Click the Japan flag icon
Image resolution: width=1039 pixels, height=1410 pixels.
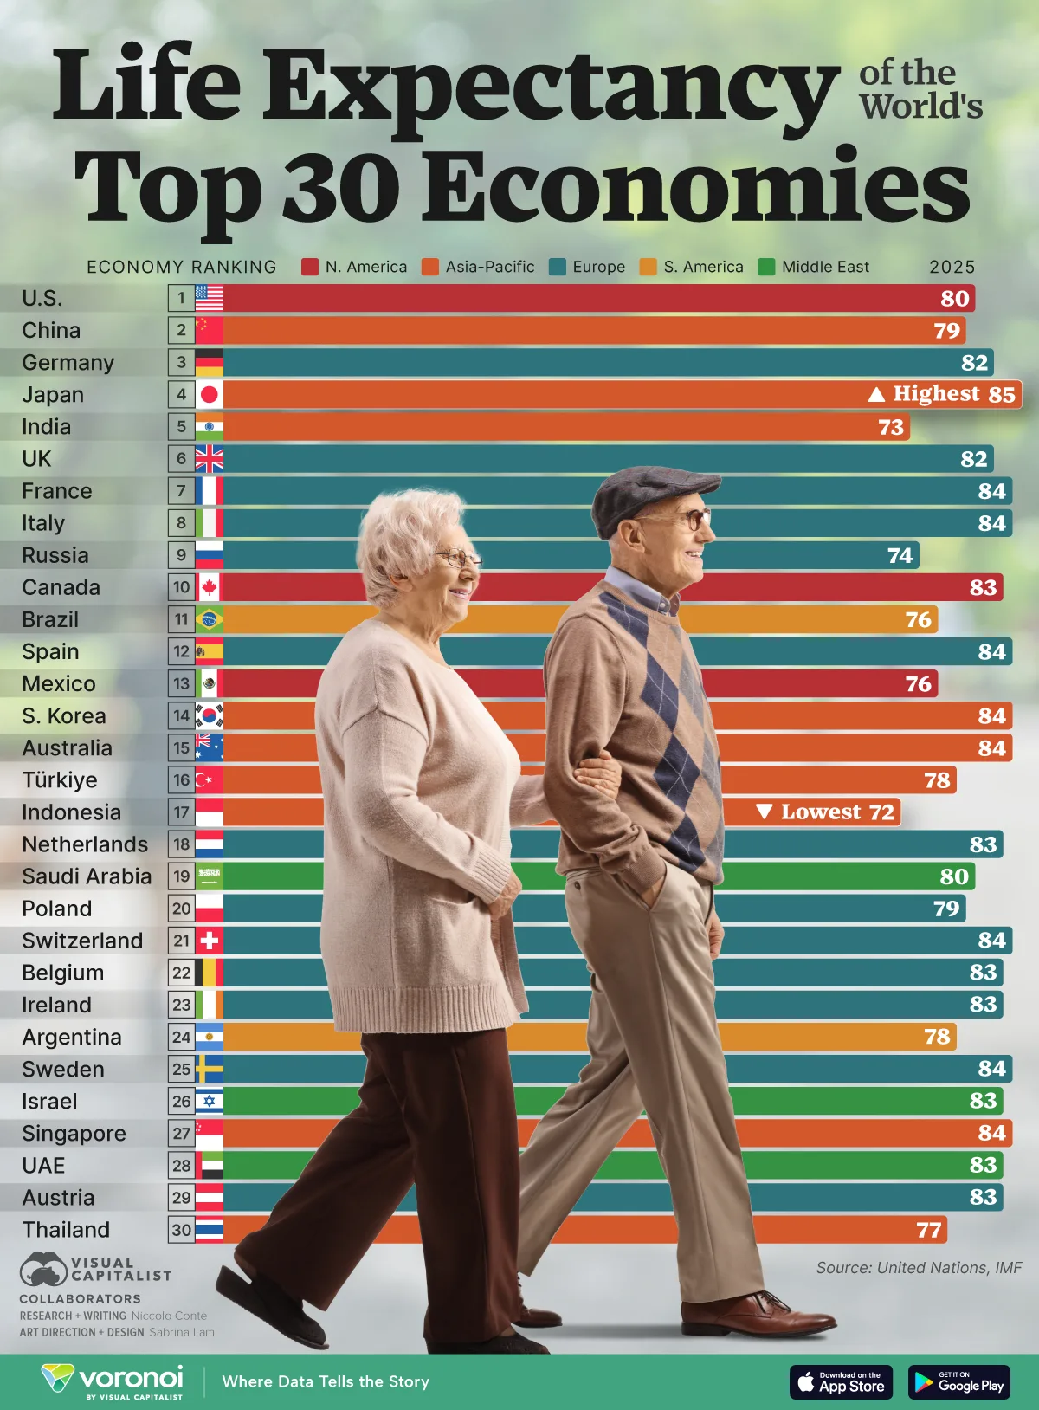[x=209, y=395]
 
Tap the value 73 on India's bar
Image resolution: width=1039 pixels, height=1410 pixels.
[x=891, y=427]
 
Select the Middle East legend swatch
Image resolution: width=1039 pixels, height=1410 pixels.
[x=766, y=267]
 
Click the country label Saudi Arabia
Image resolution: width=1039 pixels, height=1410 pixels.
[x=87, y=876]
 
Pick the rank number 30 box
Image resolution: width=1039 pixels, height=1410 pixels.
[x=181, y=1230]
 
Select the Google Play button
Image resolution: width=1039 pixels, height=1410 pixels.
[x=958, y=1381]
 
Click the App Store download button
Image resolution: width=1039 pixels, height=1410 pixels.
[x=841, y=1381]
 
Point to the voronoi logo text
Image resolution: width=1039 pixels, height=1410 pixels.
[x=131, y=1377]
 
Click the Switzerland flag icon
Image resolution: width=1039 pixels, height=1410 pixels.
[x=209, y=941]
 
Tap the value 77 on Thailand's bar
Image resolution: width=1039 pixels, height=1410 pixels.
[x=928, y=1230]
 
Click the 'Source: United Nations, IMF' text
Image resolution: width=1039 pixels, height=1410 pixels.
[x=919, y=1268]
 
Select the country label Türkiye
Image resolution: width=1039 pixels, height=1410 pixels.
[x=59, y=780]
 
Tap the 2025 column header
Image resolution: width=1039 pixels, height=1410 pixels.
[x=952, y=267]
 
